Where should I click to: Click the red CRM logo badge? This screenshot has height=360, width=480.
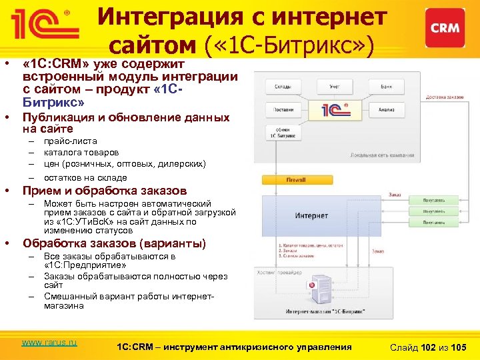pyautogui.click(x=444, y=28)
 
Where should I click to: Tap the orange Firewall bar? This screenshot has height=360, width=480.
pyautogui.click(x=295, y=179)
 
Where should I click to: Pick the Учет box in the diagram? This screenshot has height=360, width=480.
pyautogui.click(x=334, y=87)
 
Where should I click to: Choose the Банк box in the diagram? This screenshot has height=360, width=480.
pyautogui.click(x=386, y=87)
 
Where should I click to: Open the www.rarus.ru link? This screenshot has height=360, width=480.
pyautogui.click(x=49, y=343)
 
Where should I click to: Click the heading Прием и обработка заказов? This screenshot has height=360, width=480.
pyautogui.click(x=105, y=191)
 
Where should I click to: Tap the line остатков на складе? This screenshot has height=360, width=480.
pyautogui.click(x=85, y=177)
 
